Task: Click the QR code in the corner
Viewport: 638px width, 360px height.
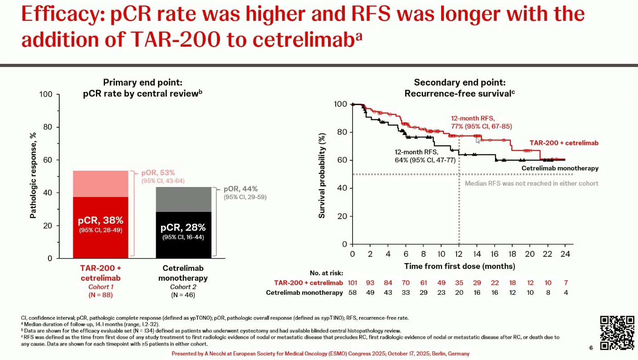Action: (617, 333)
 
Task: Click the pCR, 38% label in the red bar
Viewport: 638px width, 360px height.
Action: (100, 221)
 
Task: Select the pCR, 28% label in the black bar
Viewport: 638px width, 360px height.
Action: (183, 227)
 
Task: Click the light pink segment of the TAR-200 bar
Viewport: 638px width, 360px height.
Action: (100, 184)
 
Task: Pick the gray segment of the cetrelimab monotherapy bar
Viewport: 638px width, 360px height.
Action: (183, 199)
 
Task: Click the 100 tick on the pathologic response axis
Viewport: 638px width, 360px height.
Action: (47, 95)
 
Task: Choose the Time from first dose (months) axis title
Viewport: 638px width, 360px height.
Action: (459, 266)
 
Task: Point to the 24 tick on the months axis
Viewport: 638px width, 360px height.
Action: (565, 254)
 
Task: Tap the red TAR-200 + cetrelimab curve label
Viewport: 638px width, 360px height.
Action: (564, 143)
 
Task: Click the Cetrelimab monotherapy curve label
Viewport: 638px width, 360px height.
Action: (560, 168)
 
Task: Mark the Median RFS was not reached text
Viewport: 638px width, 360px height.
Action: (532, 183)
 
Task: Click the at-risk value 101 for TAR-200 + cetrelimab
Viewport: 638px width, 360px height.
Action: (352, 283)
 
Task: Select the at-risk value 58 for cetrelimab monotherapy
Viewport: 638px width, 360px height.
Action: (352, 293)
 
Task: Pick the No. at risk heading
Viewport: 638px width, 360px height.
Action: (326, 273)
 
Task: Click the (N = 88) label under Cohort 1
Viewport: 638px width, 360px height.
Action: (100, 295)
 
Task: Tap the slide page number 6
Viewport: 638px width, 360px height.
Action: (591, 348)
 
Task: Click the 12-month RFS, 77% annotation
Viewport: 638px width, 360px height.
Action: (481, 122)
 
